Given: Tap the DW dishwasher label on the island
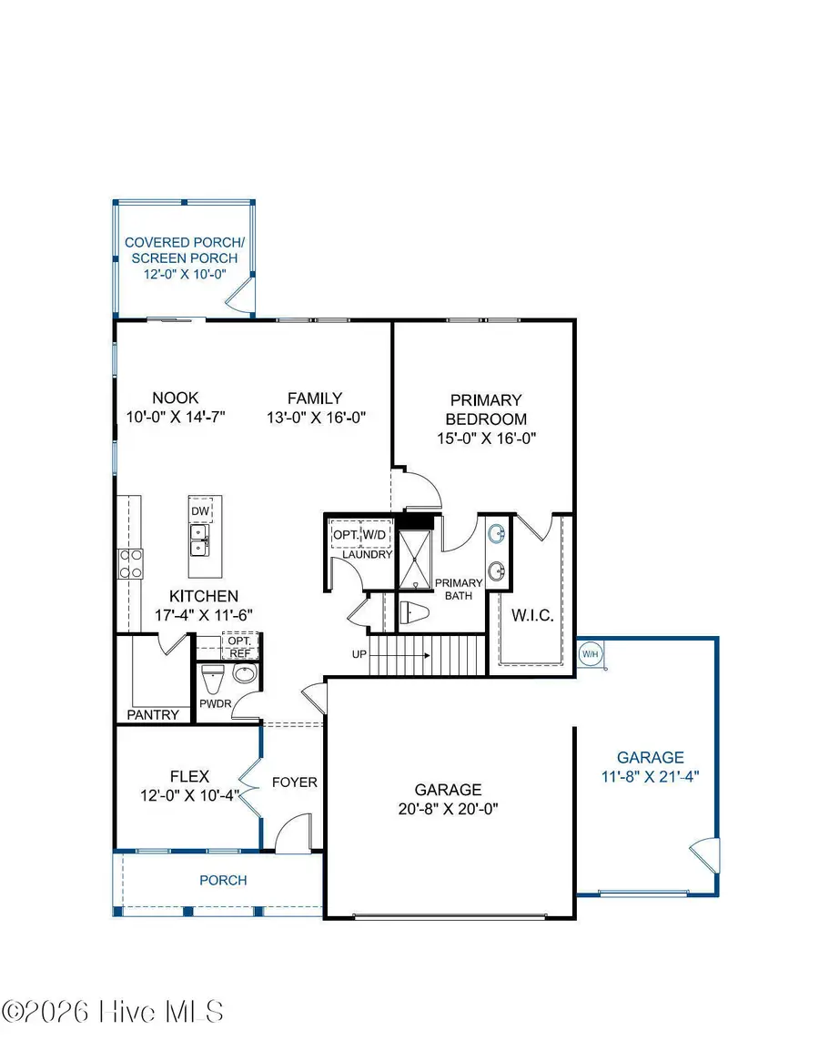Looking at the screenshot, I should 200,511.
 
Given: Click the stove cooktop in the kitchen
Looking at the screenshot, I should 130,563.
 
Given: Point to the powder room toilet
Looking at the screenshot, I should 212,679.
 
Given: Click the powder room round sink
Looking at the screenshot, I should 245,675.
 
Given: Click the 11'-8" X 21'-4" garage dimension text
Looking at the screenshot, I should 650,776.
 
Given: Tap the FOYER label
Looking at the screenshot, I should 295,782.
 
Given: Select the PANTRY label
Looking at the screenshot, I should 153,714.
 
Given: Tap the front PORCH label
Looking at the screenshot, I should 223,880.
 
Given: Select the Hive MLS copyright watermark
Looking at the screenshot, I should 113,1012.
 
